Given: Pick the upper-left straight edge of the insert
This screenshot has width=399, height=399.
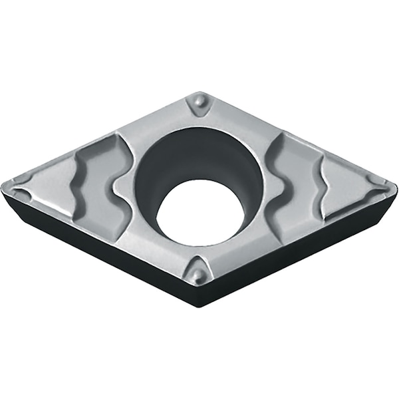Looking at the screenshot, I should point(100,136).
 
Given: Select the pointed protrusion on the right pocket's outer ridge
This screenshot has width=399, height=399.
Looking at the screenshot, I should point(323,175).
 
